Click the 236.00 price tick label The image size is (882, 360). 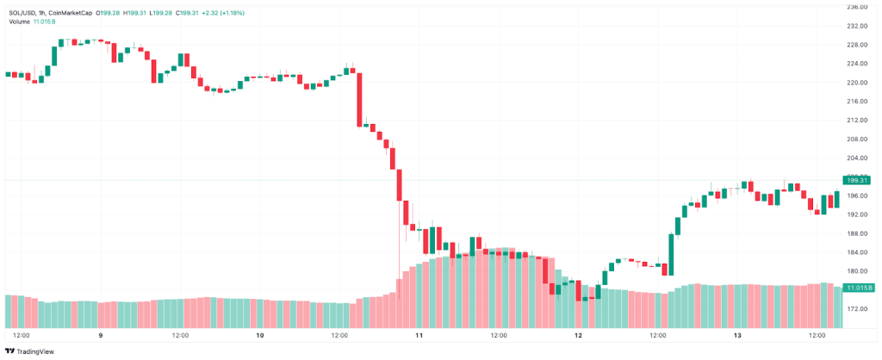(x=857, y=8)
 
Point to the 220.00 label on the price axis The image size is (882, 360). (x=857, y=83)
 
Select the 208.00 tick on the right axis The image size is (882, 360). (x=857, y=140)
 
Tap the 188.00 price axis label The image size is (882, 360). (x=857, y=233)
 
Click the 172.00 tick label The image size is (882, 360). (x=857, y=308)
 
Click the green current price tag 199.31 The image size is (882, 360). (x=859, y=180)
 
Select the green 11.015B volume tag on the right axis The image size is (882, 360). (x=859, y=287)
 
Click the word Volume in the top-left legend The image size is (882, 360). (x=20, y=22)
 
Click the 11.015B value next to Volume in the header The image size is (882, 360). (x=45, y=22)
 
